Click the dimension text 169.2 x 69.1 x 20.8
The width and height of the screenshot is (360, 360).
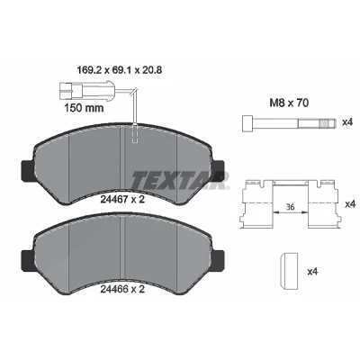click(120, 70)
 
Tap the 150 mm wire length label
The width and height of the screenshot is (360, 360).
click(84, 108)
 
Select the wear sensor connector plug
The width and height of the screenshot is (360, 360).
click(70, 90)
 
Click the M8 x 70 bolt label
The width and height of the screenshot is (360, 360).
click(289, 103)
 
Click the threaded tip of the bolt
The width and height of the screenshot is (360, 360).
click(326, 123)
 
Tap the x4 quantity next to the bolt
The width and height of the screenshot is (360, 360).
click(347, 122)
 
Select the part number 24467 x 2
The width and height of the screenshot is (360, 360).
click(122, 199)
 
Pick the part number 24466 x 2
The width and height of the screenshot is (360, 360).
click(122, 289)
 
